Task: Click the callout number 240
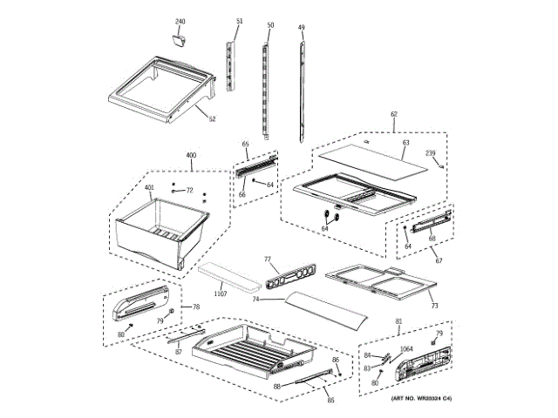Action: click(180, 20)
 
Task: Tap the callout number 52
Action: click(212, 119)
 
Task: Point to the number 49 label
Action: click(301, 28)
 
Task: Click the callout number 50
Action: click(270, 26)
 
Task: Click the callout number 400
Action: click(191, 156)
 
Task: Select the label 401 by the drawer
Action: click(149, 188)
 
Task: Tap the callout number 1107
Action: click(220, 295)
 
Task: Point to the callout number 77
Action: click(268, 259)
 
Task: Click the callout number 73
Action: click(433, 306)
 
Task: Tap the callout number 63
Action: click(405, 142)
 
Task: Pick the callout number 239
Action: click(430, 154)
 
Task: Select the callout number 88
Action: click(276, 386)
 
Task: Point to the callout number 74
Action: click(256, 300)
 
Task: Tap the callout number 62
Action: click(393, 115)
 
